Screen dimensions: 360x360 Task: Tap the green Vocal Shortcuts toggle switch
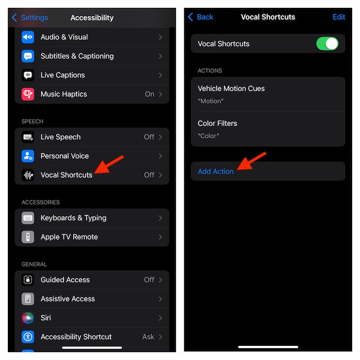tap(327, 44)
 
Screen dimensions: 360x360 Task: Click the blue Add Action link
tap(215, 172)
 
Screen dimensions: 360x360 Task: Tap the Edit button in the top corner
tap(339, 17)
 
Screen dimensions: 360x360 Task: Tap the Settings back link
tap(30, 17)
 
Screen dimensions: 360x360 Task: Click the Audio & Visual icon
tap(28, 37)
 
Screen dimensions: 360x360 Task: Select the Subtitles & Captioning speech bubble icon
tap(28, 56)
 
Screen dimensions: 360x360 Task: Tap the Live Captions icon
tap(28, 75)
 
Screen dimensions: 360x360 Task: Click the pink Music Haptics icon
tap(28, 94)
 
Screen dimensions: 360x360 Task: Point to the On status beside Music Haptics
tap(150, 94)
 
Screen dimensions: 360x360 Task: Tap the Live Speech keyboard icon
tap(28, 137)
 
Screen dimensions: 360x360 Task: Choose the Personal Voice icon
tap(28, 156)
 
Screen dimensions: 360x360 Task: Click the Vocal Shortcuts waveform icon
tap(28, 175)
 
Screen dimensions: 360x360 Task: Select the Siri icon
tap(28, 318)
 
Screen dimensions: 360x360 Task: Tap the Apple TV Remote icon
tap(28, 237)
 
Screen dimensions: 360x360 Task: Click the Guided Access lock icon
tap(28, 280)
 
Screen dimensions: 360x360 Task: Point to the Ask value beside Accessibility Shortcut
tap(148, 337)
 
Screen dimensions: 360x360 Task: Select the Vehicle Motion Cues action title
tap(231, 89)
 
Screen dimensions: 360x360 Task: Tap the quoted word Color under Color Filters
tap(209, 136)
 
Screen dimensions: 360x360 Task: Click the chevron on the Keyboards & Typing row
tap(160, 218)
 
